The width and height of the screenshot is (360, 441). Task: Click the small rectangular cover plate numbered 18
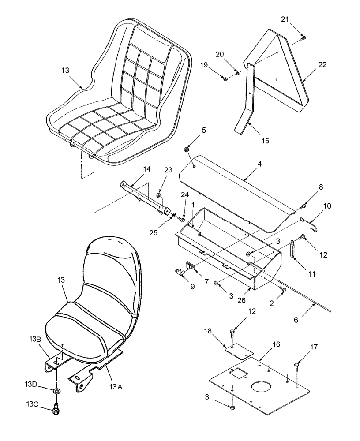(x=239, y=351)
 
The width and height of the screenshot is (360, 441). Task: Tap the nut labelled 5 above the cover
(x=187, y=150)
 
